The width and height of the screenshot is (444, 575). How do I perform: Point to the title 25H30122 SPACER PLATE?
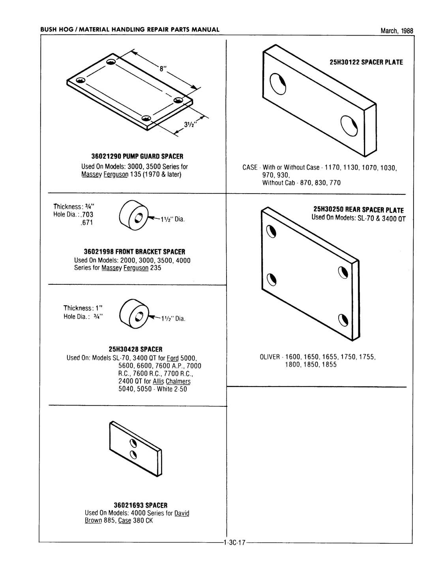[x=366, y=62]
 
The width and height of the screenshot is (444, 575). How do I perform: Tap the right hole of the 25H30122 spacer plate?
[x=349, y=126]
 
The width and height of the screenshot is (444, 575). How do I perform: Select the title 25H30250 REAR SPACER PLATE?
[x=358, y=210]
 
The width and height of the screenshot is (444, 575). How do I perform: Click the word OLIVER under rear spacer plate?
[x=270, y=357]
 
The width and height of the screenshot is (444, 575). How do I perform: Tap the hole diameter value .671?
[x=87, y=223]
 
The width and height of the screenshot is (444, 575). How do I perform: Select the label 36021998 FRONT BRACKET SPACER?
[x=134, y=252]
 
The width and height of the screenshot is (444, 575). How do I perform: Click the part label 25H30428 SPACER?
[x=135, y=349]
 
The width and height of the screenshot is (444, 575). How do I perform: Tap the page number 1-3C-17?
[x=234, y=543]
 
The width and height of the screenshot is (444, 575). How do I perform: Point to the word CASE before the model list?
[x=250, y=167]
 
